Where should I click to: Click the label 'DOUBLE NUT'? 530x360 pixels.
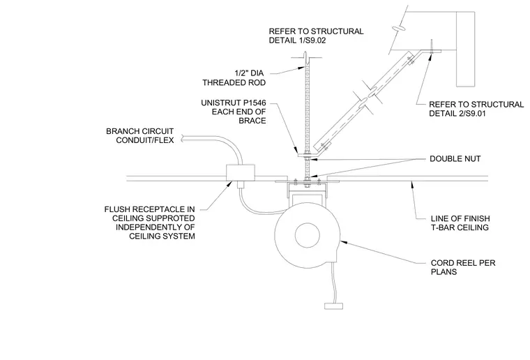(455, 159)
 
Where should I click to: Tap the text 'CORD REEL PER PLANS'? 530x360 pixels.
(463, 267)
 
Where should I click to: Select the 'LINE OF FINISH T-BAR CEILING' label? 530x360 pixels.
(460, 223)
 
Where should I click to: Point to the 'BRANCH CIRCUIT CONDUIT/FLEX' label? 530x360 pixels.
(140, 135)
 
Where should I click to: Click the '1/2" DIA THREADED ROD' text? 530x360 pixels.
(234, 77)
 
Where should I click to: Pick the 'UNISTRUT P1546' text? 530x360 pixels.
(234, 103)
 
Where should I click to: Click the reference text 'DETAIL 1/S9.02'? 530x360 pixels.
(297, 40)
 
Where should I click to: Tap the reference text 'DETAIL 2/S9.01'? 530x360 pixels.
(457, 114)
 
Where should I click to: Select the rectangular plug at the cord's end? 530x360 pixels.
(333, 306)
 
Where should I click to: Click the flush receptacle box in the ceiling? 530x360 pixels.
(241, 173)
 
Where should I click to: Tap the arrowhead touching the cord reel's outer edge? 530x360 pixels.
(342, 241)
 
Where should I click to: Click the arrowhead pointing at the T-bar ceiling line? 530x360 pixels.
(411, 184)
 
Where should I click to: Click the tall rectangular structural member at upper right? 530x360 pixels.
(465, 50)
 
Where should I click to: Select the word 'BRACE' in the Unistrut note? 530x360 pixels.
(252, 121)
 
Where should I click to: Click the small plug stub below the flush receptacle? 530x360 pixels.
(241, 185)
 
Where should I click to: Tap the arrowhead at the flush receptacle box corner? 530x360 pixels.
(230, 184)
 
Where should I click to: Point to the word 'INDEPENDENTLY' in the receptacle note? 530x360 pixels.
(155, 227)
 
